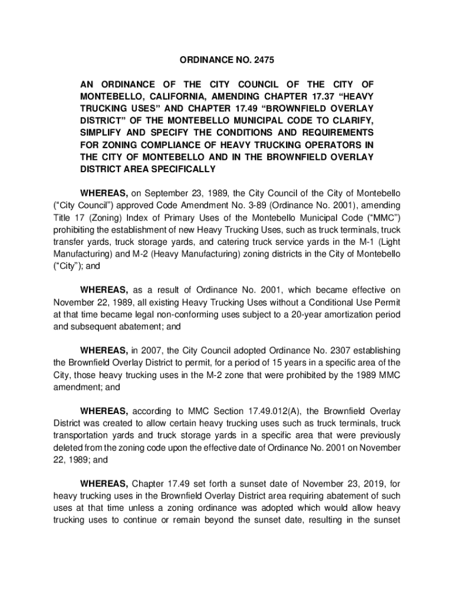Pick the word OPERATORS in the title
[x=336, y=145]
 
